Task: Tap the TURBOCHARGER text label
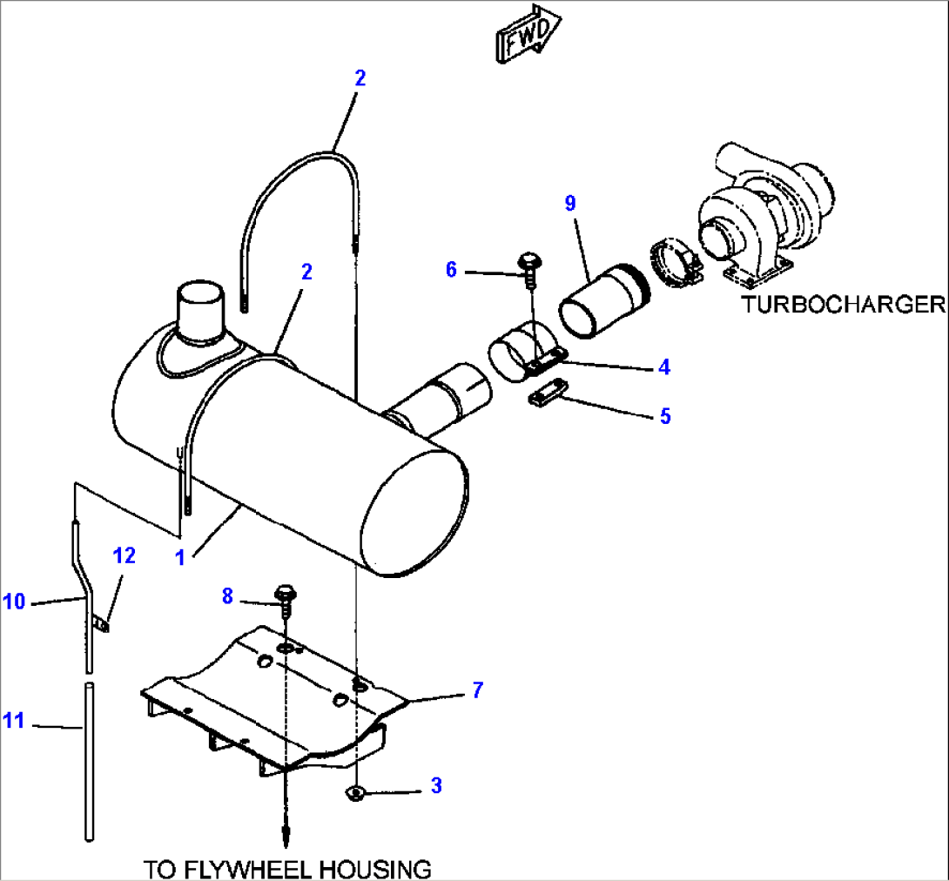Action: (x=843, y=304)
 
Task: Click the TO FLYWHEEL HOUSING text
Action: (x=287, y=868)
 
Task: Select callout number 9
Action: (x=570, y=204)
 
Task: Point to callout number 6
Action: (x=451, y=270)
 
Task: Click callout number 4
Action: (x=664, y=367)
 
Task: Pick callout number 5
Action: (x=665, y=415)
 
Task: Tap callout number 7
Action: (x=477, y=690)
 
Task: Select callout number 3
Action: (x=436, y=785)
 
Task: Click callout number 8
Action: (x=227, y=595)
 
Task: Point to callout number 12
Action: (x=125, y=555)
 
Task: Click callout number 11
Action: (x=14, y=721)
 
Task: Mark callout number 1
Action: (x=180, y=558)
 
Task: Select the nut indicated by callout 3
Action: (x=356, y=792)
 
